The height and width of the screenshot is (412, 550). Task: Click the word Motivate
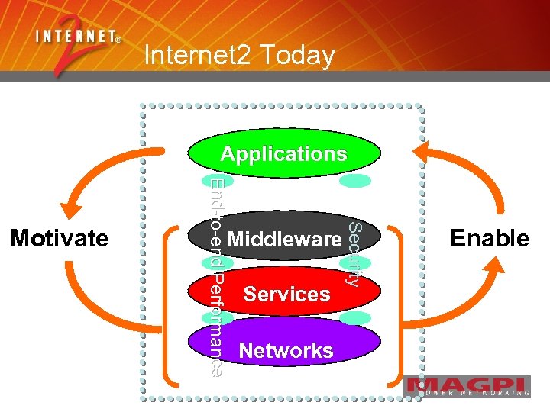[59, 239]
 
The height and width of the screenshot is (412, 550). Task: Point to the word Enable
[490, 239]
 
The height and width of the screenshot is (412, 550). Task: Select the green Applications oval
[284, 153]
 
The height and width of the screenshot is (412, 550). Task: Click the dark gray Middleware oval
[284, 239]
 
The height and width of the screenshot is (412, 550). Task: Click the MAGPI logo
[467, 387]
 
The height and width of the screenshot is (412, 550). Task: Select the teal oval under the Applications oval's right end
[354, 182]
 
